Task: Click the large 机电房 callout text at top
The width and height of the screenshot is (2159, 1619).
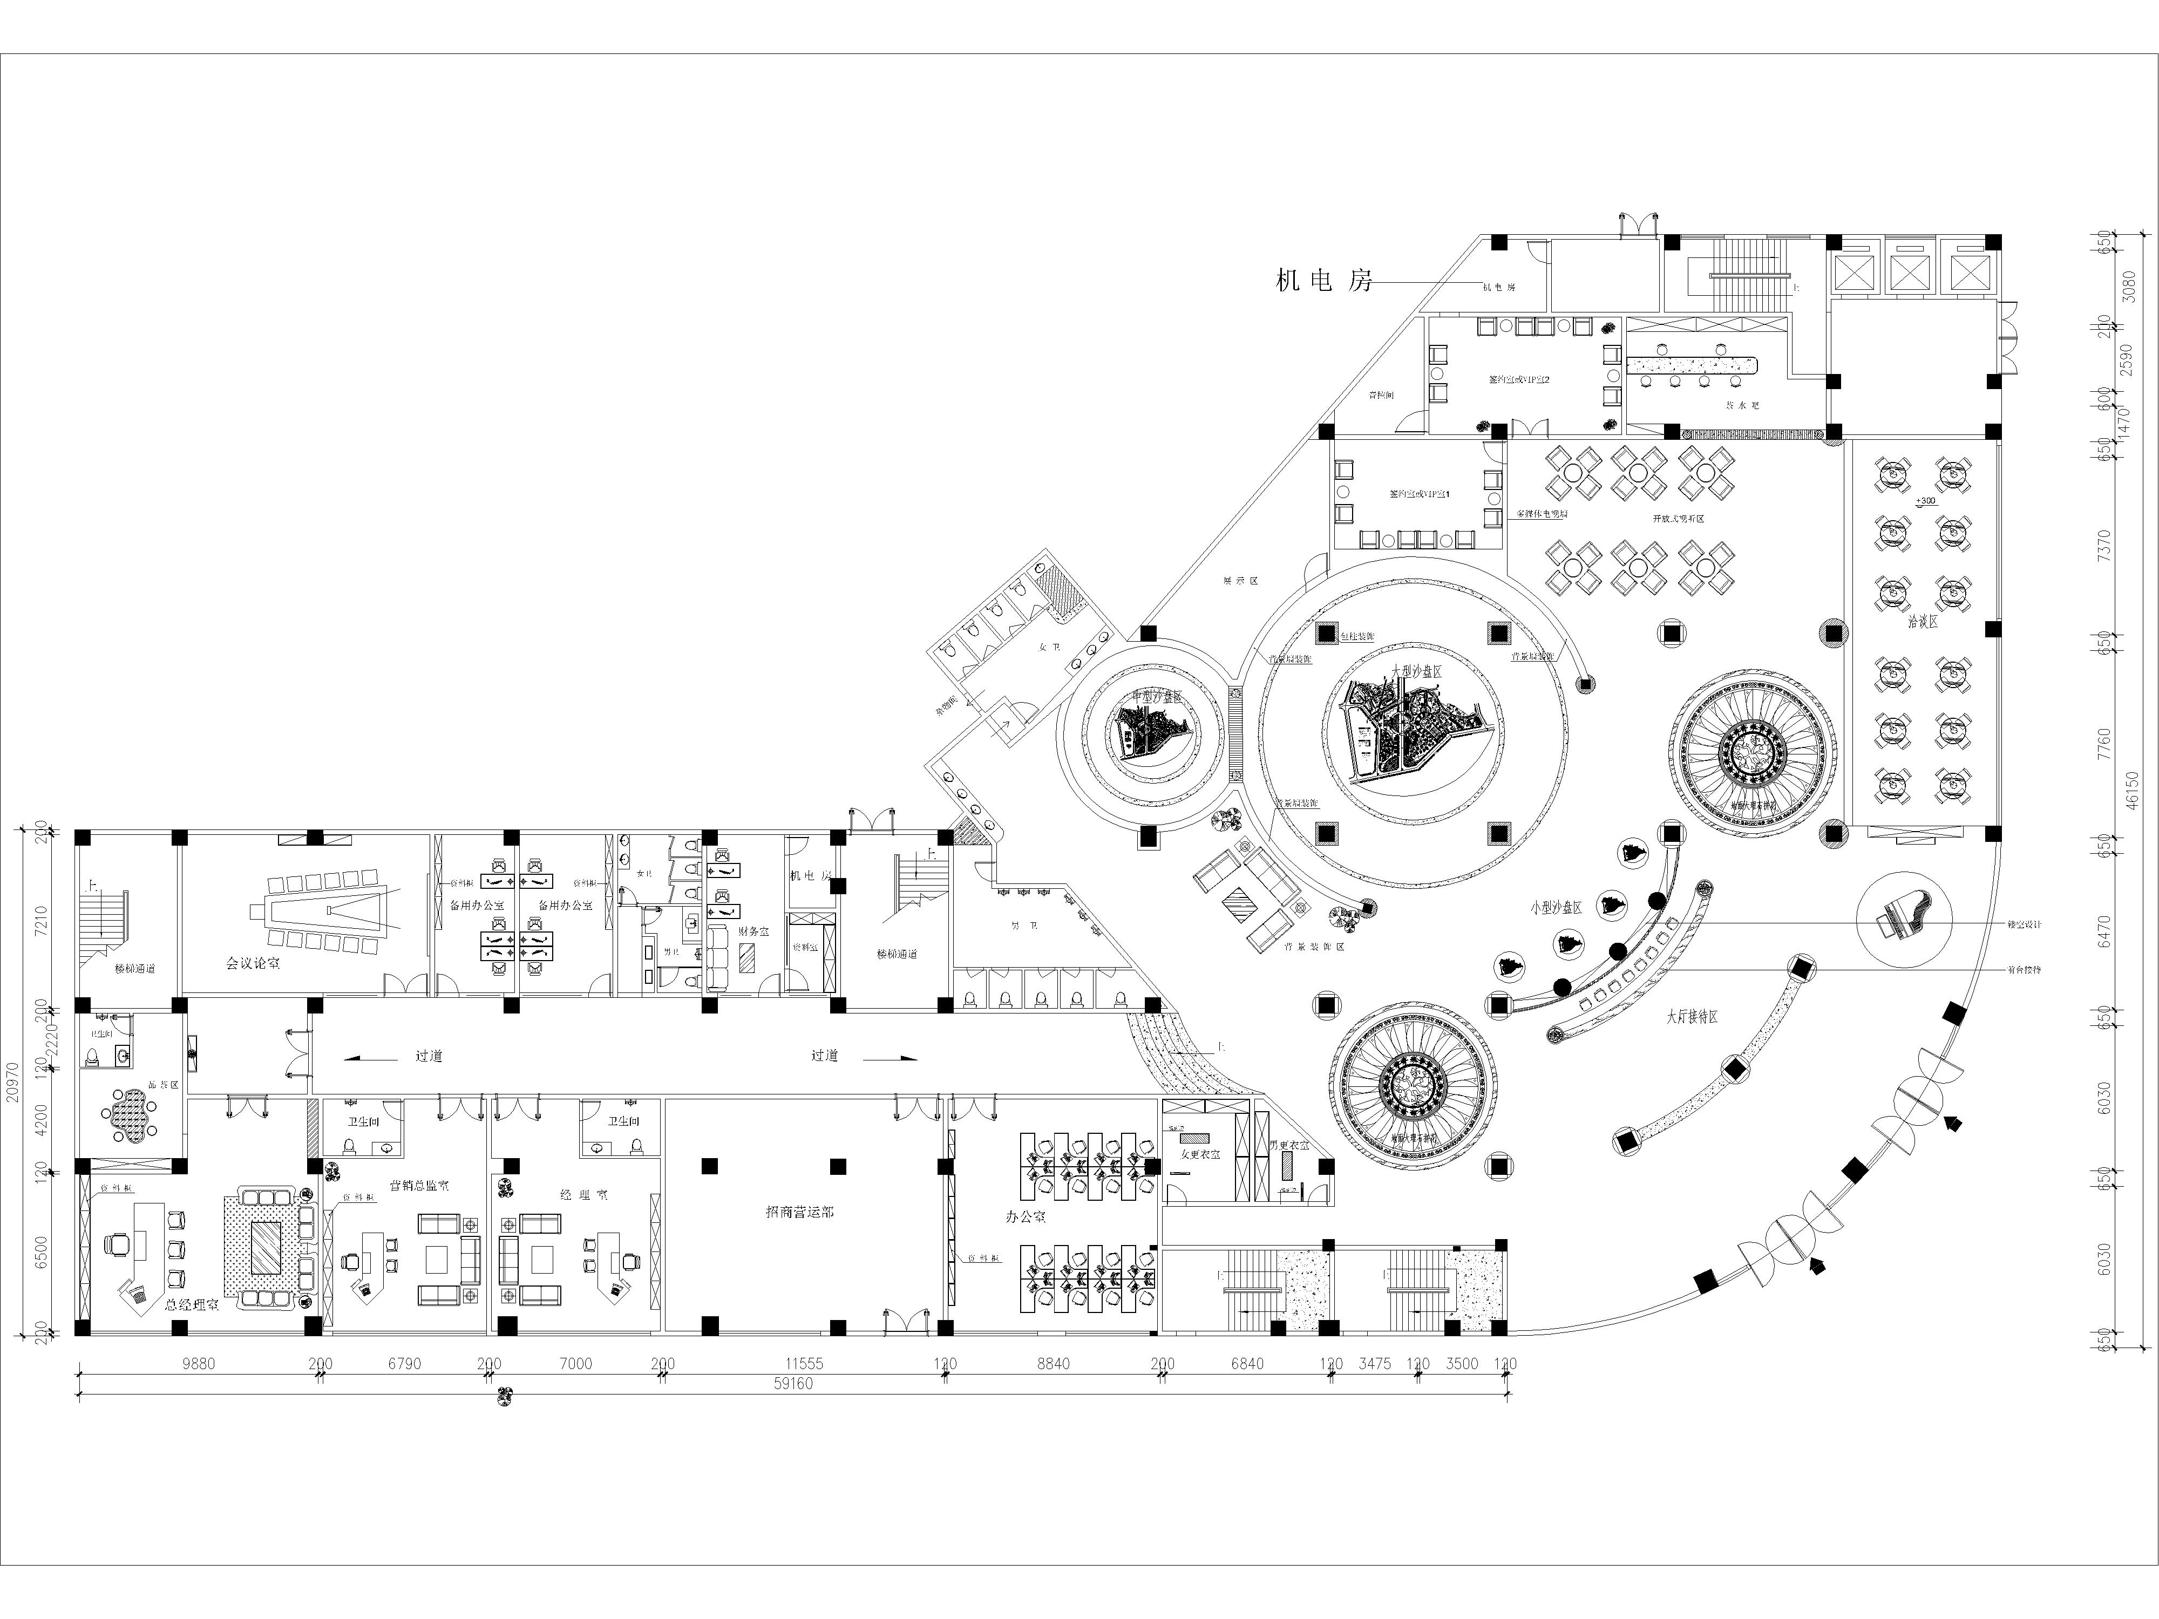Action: pos(1323,281)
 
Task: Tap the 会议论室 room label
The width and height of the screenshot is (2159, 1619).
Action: pos(253,963)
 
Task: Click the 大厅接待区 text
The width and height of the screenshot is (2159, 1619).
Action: pos(1692,1017)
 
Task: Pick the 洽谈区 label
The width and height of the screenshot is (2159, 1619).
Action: pos(1923,621)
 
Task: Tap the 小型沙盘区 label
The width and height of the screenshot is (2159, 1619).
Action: pos(1556,907)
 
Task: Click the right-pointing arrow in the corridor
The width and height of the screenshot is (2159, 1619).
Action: pos(888,1057)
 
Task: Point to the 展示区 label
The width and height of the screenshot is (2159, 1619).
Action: pos(1240,581)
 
